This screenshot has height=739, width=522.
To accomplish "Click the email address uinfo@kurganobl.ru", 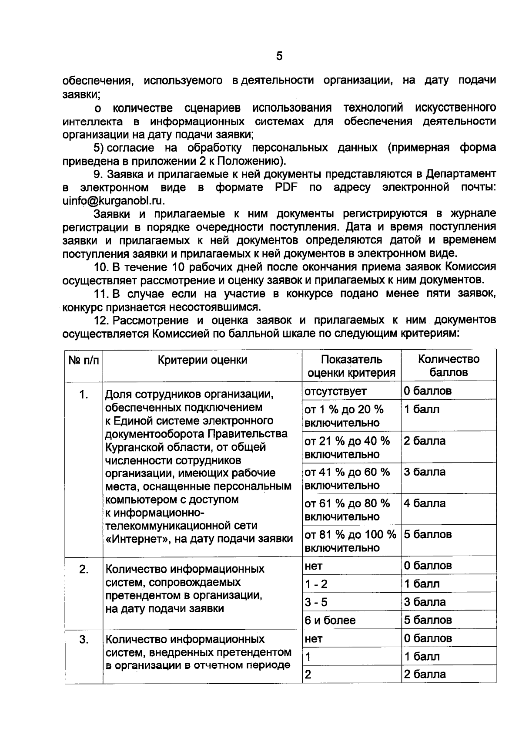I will [x=114, y=201].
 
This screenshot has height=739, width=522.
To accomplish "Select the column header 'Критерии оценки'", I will [x=202, y=360].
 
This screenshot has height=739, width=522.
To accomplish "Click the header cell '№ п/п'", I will [x=84, y=360].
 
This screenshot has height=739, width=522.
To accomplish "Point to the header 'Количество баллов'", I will [x=448, y=366].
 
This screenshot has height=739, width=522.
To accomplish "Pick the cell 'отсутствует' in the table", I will [x=335, y=391].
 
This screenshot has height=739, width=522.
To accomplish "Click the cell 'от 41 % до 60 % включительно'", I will [x=347, y=479].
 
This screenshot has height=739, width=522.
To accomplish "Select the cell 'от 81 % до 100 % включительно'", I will [x=350, y=541].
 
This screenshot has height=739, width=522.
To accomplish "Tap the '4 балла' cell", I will [x=425, y=504].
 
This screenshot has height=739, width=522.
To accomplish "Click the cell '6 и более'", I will [x=330, y=620].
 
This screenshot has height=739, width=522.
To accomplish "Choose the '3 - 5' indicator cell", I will [x=316, y=602].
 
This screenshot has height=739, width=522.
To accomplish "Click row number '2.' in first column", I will [x=84, y=569].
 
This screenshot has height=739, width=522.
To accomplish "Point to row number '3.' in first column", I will [x=84, y=639].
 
